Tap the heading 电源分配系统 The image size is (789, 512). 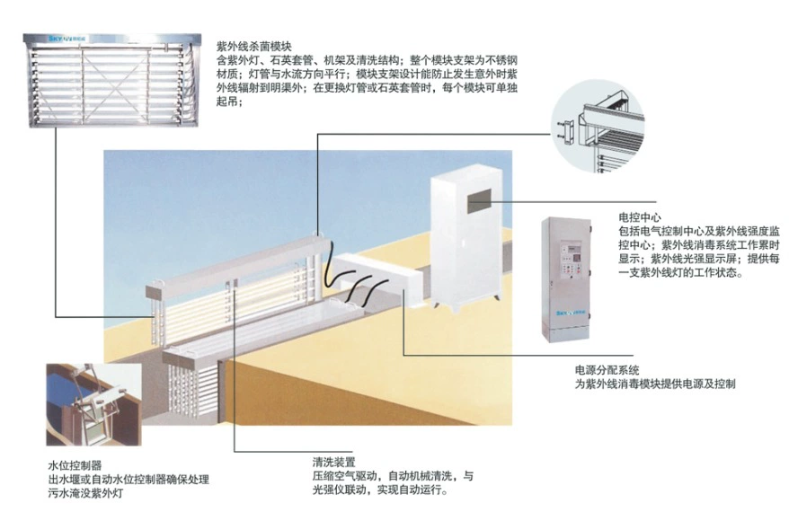point(607,370)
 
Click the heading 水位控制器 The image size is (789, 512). point(75,466)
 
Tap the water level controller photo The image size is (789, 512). point(93,404)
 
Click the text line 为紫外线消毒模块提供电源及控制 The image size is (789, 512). point(655,384)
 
